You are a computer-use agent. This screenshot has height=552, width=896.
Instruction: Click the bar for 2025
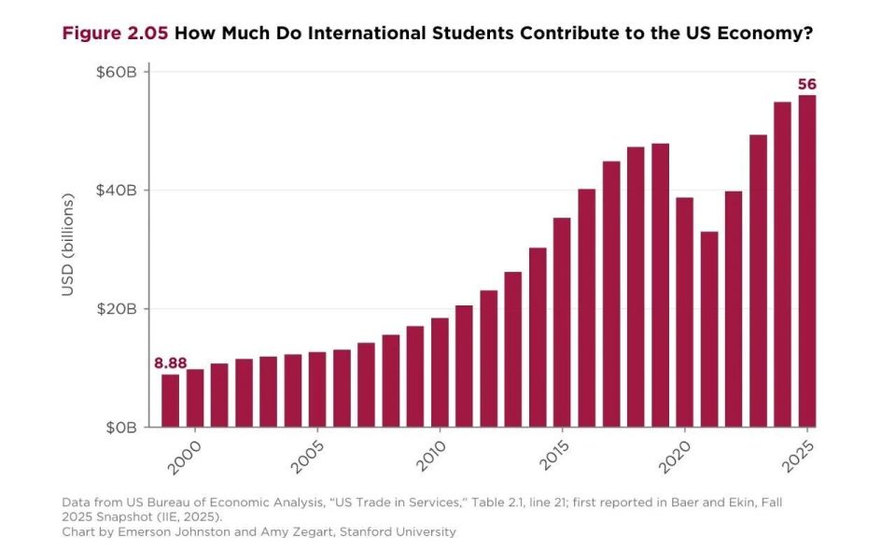pos(806,262)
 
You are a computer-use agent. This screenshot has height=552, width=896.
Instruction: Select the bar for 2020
pos(684,312)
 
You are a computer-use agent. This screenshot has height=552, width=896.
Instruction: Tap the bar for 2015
pos(562,322)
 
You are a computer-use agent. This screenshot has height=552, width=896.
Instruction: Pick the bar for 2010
pos(440,373)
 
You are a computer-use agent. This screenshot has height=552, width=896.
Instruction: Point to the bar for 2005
pos(317,389)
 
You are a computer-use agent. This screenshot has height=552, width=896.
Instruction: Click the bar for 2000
pos(195,398)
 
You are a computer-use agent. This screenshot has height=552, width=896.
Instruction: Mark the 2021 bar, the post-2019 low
pos(709,330)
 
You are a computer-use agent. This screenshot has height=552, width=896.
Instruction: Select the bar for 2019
pos(660,286)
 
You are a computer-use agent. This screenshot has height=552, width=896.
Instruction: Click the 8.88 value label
pos(170,363)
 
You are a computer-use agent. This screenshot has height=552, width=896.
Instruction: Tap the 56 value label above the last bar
pos(806,85)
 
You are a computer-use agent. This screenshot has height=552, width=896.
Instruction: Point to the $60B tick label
pos(117,72)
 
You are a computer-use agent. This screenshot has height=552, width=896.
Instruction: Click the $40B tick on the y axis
pos(117,191)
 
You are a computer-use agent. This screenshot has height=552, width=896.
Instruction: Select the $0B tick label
pos(121,427)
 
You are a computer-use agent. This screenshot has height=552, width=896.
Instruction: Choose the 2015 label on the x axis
pos(553,456)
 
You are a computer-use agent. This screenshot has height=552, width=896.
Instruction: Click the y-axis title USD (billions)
pos(68,245)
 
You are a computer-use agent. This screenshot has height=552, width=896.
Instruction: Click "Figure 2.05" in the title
pos(115,34)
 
